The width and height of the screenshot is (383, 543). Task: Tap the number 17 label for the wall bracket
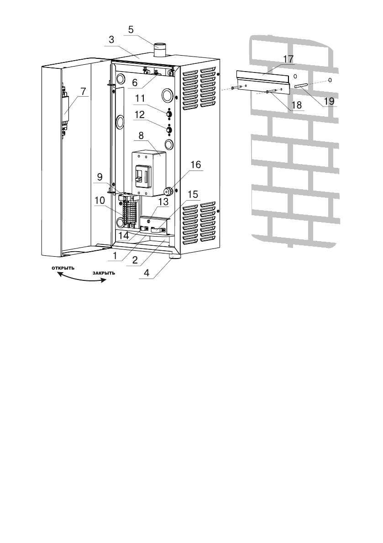288,59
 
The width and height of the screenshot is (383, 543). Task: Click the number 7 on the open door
82,91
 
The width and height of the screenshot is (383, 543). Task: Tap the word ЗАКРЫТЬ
104,273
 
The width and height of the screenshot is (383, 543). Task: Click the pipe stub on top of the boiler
160,50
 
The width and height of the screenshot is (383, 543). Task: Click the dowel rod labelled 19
304,86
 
